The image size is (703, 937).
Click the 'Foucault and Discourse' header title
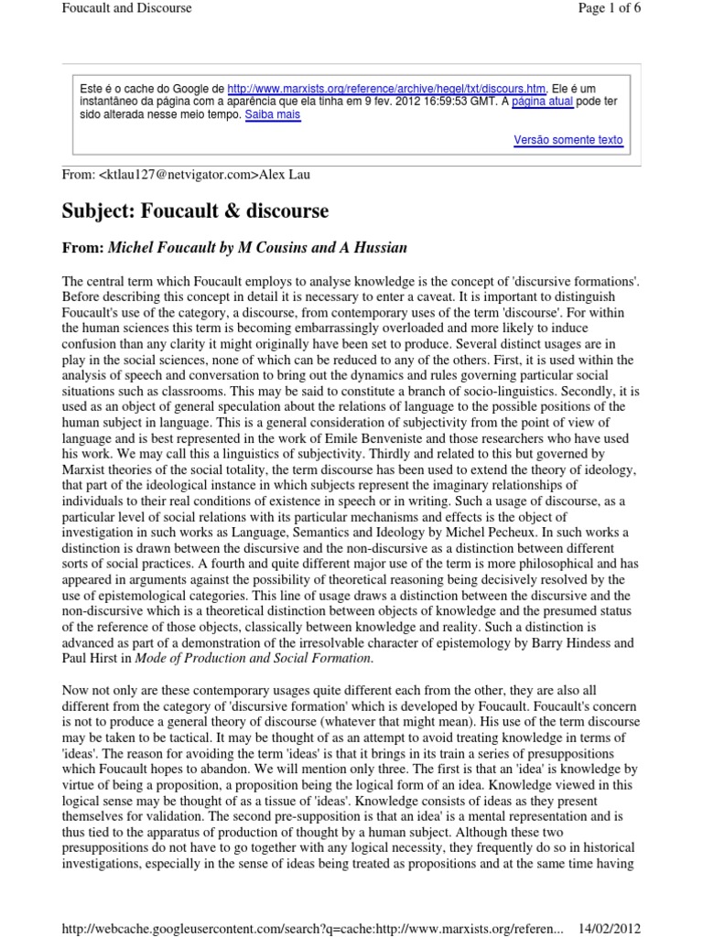click(x=126, y=9)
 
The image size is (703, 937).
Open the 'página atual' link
click(x=543, y=102)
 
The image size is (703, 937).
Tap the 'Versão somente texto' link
click(x=568, y=141)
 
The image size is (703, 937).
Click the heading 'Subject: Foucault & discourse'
click(x=195, y=211)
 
